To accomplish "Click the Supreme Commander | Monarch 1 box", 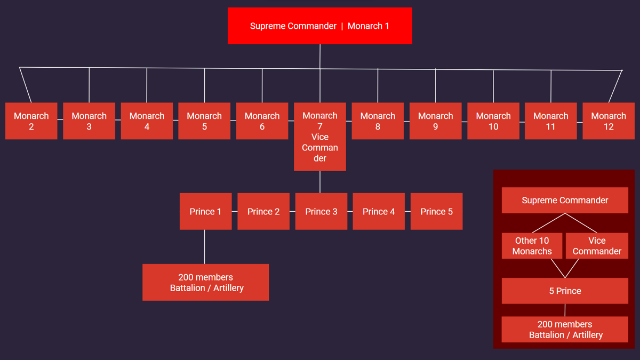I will click(x=319, y=26).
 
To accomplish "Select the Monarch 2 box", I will click(x=31, y=121).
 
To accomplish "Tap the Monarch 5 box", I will click(x=204, y=121).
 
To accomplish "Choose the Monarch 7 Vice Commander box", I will click(x=320, y=137).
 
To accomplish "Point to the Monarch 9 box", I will click(x=435, y=121).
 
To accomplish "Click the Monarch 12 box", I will click(x=609, y=121).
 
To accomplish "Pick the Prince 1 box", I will click(x=205, y=211).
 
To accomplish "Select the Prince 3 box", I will click(x=321, y=211).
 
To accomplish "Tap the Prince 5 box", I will click(x=436, y=211).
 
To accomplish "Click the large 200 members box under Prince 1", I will click(x=205, y=282).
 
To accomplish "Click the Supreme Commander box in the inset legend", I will click(x=565, y=200).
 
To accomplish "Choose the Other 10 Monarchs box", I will click(x=532, y=246).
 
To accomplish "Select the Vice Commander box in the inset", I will click(x=597, y=246).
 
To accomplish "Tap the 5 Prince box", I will click(x=565, y=291).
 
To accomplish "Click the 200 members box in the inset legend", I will click(x=565, y=329).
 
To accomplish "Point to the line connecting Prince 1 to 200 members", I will click(x=205, y=246).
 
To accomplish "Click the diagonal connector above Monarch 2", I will click(x=25, y=84).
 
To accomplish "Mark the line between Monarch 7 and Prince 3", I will click(x=320, y=182).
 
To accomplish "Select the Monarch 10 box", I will click(x=493, y=121).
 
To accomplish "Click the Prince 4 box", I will click(x=379, y=211).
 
